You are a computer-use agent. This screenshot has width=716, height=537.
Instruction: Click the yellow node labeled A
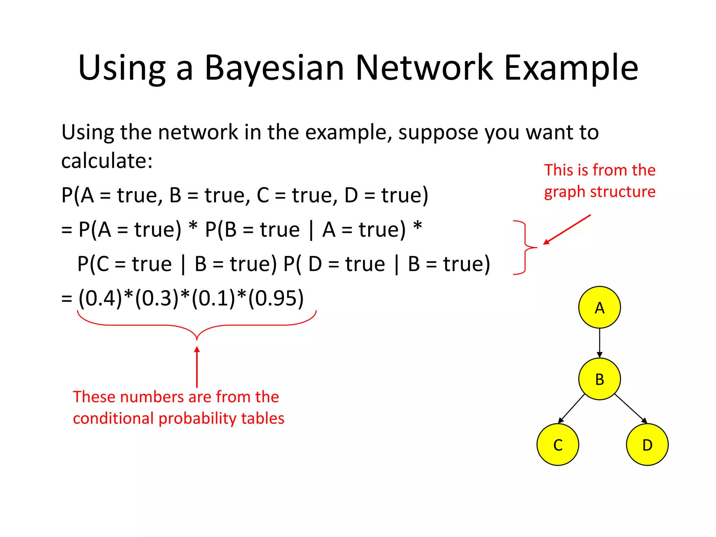tap(599, 307)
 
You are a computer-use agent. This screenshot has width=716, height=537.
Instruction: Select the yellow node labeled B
tap(599, 379)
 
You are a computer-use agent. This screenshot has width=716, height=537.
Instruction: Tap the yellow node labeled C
tap(558, 444)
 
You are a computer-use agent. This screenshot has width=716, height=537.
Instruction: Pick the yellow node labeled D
tap(647, 444)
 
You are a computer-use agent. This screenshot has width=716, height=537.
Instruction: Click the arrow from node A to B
tap(599, 343)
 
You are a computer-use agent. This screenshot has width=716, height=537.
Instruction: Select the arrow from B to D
tap(631, 408)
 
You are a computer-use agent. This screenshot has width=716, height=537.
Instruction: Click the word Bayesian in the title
tap(274, 68)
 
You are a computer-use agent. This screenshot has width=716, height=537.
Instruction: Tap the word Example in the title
tap(571, 68)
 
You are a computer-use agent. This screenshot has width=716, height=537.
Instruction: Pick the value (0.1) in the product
tap(214, 298)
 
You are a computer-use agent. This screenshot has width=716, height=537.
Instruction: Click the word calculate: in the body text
tap(107, 161)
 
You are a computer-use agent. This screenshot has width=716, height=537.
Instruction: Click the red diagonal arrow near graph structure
tap(567, 230)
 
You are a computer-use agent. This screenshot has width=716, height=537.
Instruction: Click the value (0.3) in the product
tap(157, 298)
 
